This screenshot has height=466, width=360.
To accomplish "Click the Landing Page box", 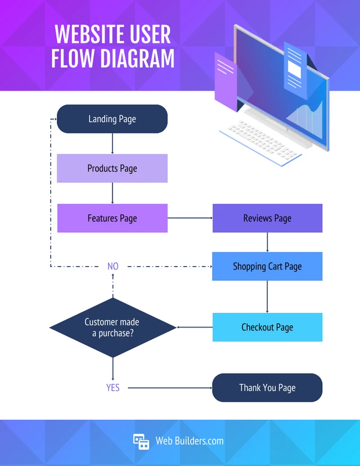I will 112,119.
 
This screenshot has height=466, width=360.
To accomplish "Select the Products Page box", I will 112,168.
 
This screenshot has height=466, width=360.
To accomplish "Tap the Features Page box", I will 112,218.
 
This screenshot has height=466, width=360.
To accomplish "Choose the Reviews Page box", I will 267,218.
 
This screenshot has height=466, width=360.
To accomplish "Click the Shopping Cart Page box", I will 267,266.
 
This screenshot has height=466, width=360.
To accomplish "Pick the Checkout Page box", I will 267,327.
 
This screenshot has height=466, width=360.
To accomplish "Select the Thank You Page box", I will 267,388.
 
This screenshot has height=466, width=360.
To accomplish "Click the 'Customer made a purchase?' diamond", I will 112,328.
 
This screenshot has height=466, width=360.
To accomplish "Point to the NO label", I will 113,266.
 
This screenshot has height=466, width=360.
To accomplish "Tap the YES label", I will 113,388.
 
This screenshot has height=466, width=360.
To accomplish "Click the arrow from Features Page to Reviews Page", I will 190,218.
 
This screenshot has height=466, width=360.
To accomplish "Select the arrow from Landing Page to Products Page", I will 112,144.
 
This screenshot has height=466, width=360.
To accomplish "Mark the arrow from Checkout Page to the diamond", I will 195,327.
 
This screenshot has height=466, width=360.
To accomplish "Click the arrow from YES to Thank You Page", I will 169,388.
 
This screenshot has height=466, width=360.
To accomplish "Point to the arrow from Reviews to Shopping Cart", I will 267,242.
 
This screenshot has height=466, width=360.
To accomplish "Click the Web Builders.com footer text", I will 190,441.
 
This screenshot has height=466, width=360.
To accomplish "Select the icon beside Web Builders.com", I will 141,441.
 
